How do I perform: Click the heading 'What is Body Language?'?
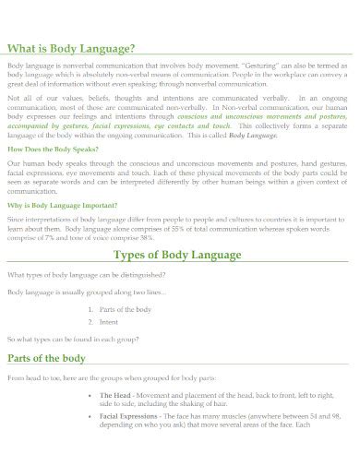coord(72,48)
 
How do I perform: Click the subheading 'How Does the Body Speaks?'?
coord(47,148)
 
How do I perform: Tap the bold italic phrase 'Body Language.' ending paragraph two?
coord(253,135)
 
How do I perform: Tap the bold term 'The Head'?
coord(114,394)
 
